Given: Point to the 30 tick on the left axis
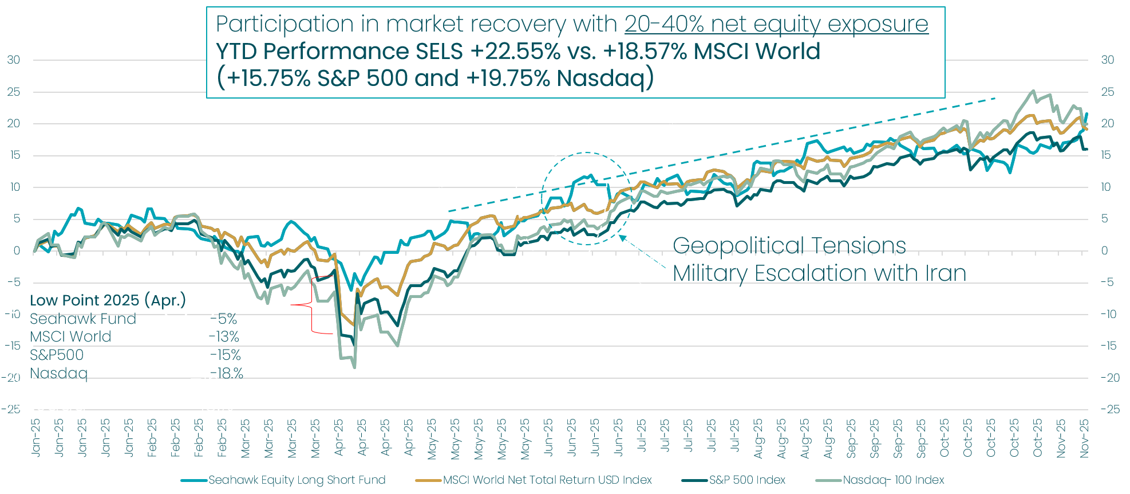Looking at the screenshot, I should tap(13, 60).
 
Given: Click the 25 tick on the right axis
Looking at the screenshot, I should tap(1108, 92).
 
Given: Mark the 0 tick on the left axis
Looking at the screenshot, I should tap(17, 250).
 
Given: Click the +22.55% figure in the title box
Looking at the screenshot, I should tap(515, 52).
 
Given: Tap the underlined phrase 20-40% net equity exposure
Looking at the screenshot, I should tap(776, 24).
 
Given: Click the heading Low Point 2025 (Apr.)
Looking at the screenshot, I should tap(108, 300).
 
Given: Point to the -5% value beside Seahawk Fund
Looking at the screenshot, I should tap(223, 319).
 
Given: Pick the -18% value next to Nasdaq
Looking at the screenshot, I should tap(226, 374).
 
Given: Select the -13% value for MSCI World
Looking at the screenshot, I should tap(224, 337).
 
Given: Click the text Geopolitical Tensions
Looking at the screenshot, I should tap(789, 246).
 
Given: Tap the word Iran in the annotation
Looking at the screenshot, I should tap(945, 273).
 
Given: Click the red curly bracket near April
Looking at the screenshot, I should tap(312, 305).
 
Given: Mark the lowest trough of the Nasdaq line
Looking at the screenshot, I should tap(355, 367).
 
